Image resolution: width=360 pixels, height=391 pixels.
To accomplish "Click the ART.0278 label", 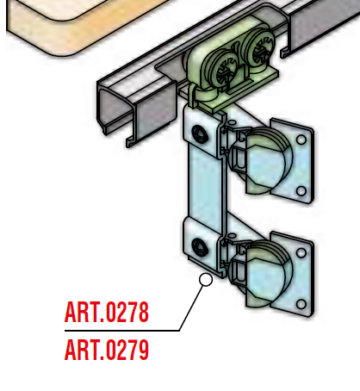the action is click(107, 312).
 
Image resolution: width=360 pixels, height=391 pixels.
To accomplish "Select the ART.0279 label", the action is click(107, 350).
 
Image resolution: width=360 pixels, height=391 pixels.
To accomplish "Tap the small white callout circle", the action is click(206, 280).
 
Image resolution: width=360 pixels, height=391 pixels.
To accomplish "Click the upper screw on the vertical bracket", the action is click(198, 133).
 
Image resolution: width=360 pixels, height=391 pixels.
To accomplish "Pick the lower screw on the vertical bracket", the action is click(198, 246).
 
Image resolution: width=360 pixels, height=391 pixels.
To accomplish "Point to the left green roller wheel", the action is click(223, 69).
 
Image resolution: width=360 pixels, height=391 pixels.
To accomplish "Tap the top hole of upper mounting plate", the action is click(301, 140).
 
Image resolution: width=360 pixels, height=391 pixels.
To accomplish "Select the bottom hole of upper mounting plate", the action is click(301, 191).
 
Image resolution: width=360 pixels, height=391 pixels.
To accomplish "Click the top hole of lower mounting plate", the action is click(301, 253).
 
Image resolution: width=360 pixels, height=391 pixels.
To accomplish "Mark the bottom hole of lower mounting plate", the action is click(301, 304).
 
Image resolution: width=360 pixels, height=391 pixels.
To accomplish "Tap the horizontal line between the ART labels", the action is click(122, 331).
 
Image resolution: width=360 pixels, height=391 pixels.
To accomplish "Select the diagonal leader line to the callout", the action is click(191, 308).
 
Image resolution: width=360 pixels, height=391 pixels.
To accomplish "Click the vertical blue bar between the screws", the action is click(205, 183).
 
